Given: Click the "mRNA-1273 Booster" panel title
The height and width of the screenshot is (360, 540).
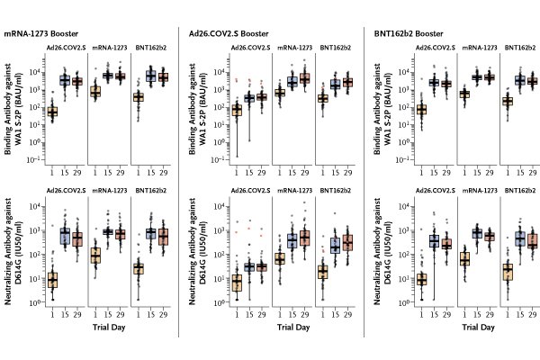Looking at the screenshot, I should pos(41,33).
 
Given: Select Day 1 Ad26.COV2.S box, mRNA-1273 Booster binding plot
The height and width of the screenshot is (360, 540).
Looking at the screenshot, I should pos(52,112).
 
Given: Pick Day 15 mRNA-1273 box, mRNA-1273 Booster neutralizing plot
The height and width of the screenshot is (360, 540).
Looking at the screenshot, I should pos(107,231).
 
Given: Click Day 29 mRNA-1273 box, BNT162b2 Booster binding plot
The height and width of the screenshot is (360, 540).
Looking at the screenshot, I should pos(490,77).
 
